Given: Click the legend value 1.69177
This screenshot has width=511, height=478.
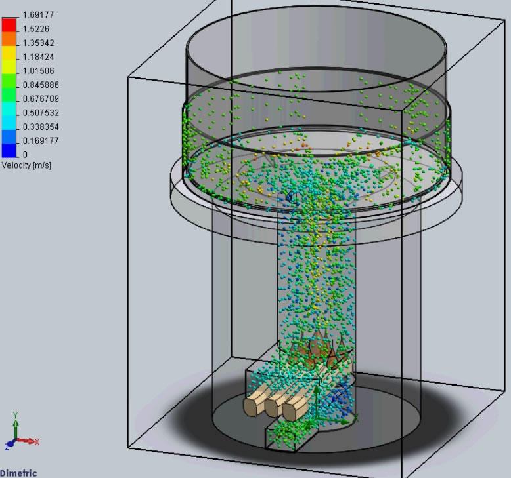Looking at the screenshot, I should click(37, 14).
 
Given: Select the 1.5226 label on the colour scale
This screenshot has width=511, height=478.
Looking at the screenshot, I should click(35, 29).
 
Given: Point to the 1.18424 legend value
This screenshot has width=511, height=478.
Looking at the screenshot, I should click(38, 56).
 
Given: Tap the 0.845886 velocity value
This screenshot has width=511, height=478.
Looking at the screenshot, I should click(40, 85).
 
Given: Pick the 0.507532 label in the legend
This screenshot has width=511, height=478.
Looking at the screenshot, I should click(40, 112).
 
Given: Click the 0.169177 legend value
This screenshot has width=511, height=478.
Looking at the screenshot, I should click(40, 140).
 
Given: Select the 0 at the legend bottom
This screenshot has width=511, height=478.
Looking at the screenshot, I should click(25, 154).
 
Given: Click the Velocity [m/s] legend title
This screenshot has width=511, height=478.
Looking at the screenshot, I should click(26, 165).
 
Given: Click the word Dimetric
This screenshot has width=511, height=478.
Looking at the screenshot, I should click(18, 473).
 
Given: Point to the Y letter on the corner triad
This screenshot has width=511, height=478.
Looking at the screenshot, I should click(15, 415).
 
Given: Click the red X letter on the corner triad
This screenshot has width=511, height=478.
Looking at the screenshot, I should click(37, 442).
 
